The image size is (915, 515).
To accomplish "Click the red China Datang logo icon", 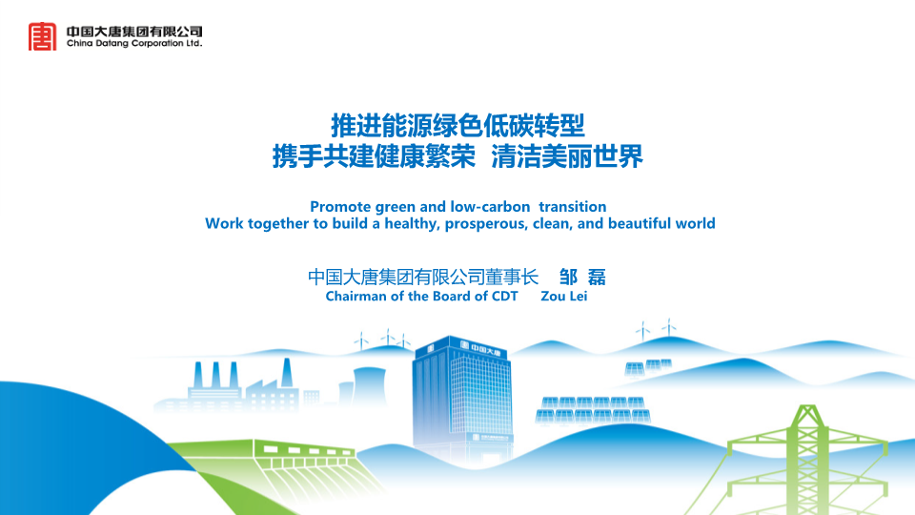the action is tap(43, 36).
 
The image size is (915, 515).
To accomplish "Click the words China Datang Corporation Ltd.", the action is tap(134, 43).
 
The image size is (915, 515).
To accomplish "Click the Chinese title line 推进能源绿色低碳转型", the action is tap(458, 125).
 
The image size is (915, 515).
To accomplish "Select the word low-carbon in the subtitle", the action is tap(490, 207).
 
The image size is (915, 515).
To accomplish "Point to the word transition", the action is tap(573, 207).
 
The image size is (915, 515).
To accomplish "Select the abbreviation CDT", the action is tap(505, 296).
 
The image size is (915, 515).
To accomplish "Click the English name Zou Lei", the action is tap(563, 296).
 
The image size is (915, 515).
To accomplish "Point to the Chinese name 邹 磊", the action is tap(582, 277).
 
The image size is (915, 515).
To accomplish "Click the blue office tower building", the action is tap(462, 397).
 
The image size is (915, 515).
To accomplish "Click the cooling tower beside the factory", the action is tap(369, 385).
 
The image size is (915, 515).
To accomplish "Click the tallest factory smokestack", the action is tap(287, 373).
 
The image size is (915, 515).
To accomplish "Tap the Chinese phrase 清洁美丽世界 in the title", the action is tap(566, 156).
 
